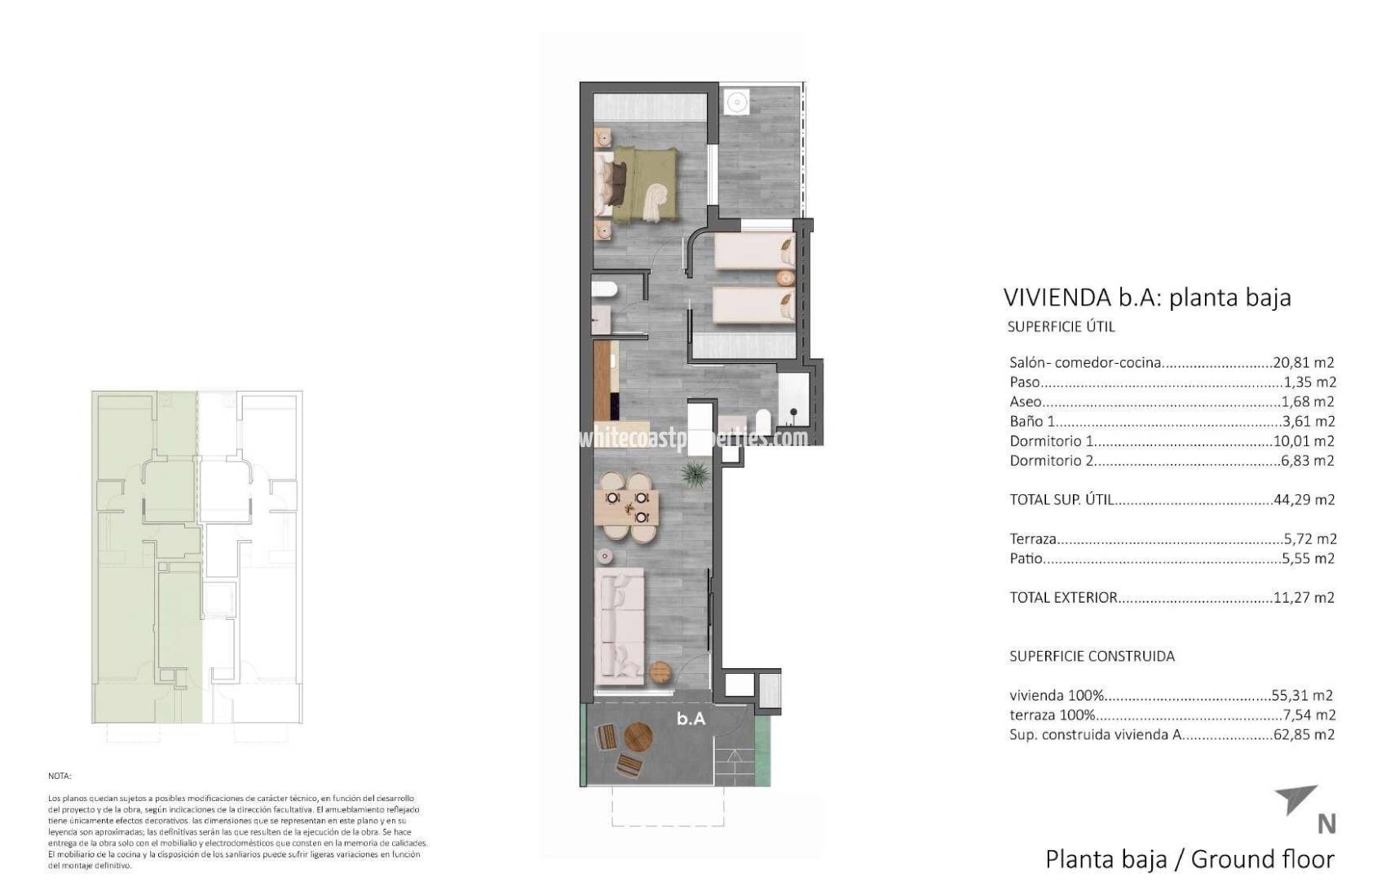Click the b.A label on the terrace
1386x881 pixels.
click(691, 719)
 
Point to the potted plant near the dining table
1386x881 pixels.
click(695, 472)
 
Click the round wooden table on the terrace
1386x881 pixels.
click(638, 738)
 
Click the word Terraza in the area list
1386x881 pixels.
click(1033, 538)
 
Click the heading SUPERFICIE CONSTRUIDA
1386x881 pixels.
click(1092, 656)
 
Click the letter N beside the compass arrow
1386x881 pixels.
click(1326, 825)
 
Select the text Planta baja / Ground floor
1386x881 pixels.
click(1190, 859)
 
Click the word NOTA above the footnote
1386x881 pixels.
click(60, 776)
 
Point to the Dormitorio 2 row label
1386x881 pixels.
click(1051, 460)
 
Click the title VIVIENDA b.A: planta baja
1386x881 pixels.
click(1146, 297)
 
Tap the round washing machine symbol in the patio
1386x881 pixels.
click(737, 103)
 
